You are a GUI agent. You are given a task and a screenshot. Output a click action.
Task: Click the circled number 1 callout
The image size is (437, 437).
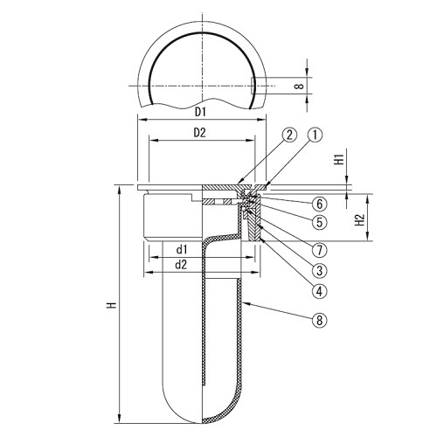click(316, 135)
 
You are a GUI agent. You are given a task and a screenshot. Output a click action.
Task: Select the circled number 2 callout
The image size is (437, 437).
click(289, 135)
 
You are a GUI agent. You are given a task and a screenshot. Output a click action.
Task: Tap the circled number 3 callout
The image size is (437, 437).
click(320, 271)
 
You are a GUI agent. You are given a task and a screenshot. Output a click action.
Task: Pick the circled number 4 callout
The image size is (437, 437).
click(320, 291)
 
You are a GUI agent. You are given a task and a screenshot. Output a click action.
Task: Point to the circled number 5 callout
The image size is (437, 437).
click(320, 222)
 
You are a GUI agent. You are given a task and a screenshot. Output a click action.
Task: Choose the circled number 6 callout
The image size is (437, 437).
click(320, 204)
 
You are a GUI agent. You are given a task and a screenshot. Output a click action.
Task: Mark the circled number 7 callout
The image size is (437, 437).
click(320, 250)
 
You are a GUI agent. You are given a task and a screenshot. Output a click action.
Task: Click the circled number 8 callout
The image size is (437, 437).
click(320, 321)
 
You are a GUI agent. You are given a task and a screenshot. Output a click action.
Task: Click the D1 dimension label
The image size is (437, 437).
click(200, 112)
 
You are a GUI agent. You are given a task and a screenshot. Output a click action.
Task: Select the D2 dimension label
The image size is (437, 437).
click(200, 133)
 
